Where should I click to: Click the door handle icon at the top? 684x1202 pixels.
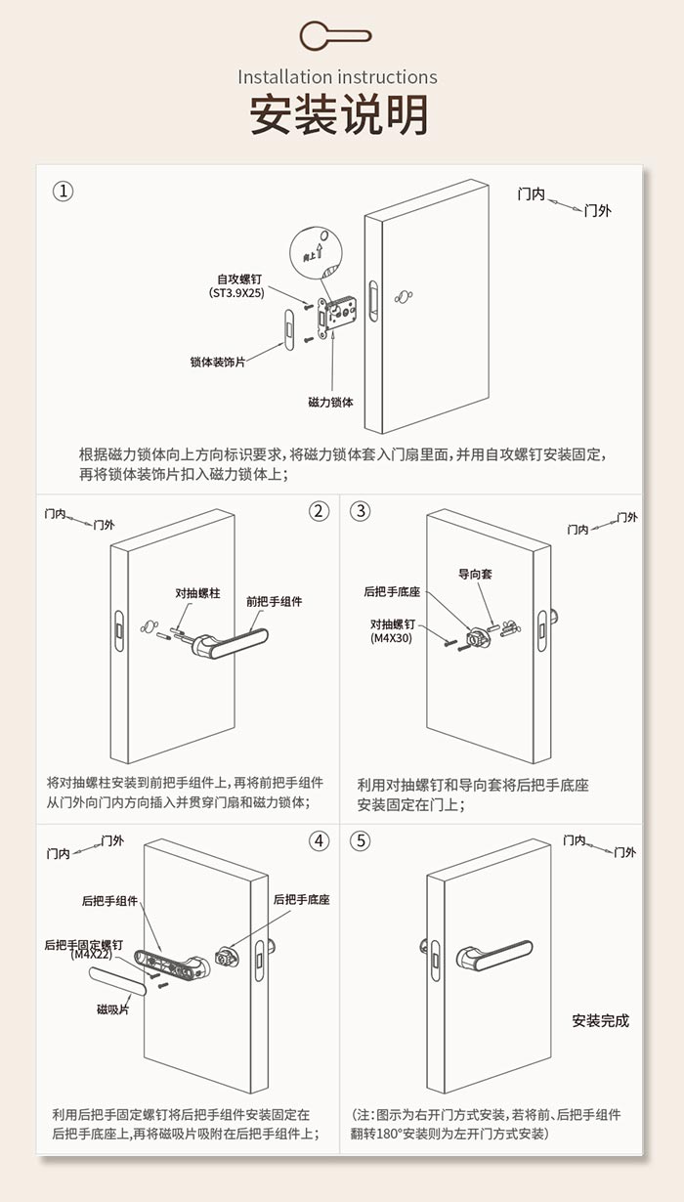coord(335,36)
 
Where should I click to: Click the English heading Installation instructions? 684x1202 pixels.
coord(337,77)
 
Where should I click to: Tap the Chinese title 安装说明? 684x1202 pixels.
coord(339,115)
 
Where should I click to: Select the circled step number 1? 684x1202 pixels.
coord(64,192)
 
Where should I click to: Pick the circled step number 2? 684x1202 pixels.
coord(320,511)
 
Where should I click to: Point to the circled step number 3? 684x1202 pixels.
coord(361,511)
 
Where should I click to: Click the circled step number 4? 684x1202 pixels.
coord(320,840)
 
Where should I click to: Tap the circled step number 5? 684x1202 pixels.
coord(361,840)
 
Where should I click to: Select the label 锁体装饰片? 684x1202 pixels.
coord(217,362)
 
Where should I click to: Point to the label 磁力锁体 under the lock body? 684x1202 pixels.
coord(330,402)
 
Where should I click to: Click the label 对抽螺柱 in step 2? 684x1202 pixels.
coord(197,593)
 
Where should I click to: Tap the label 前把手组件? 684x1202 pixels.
coord(274,601)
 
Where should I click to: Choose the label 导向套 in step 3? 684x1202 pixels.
coord(475,574)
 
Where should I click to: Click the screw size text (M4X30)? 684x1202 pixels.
coord(393,638)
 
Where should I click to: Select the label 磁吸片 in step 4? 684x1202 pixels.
coord(112,1009)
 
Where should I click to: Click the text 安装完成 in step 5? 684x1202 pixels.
coord(600,1021)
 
